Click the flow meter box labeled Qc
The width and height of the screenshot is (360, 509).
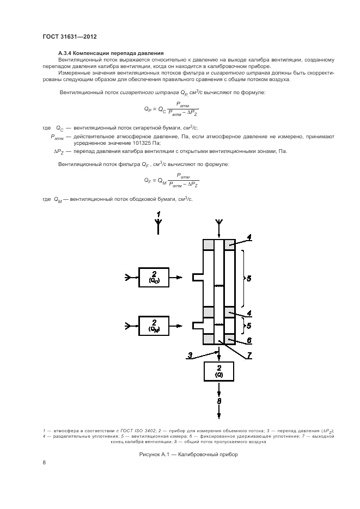pos(154,278)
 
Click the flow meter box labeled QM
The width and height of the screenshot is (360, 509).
pos(154,325)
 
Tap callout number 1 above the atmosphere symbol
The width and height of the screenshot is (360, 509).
pos(158,214)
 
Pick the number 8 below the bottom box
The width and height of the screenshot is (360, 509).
pos(218,402)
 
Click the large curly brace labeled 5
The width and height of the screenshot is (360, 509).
pos(243,278)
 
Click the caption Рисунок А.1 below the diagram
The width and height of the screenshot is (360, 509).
pos(159,454)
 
